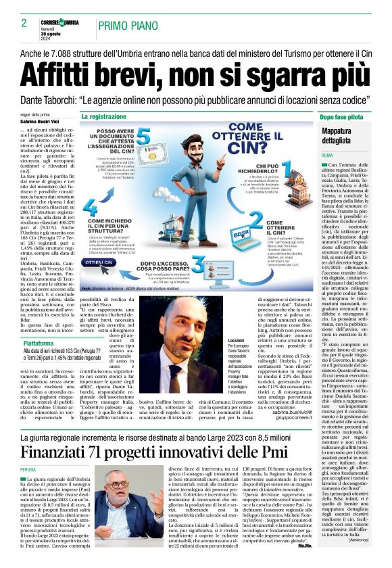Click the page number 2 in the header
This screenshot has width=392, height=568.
(x=24, y=23)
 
